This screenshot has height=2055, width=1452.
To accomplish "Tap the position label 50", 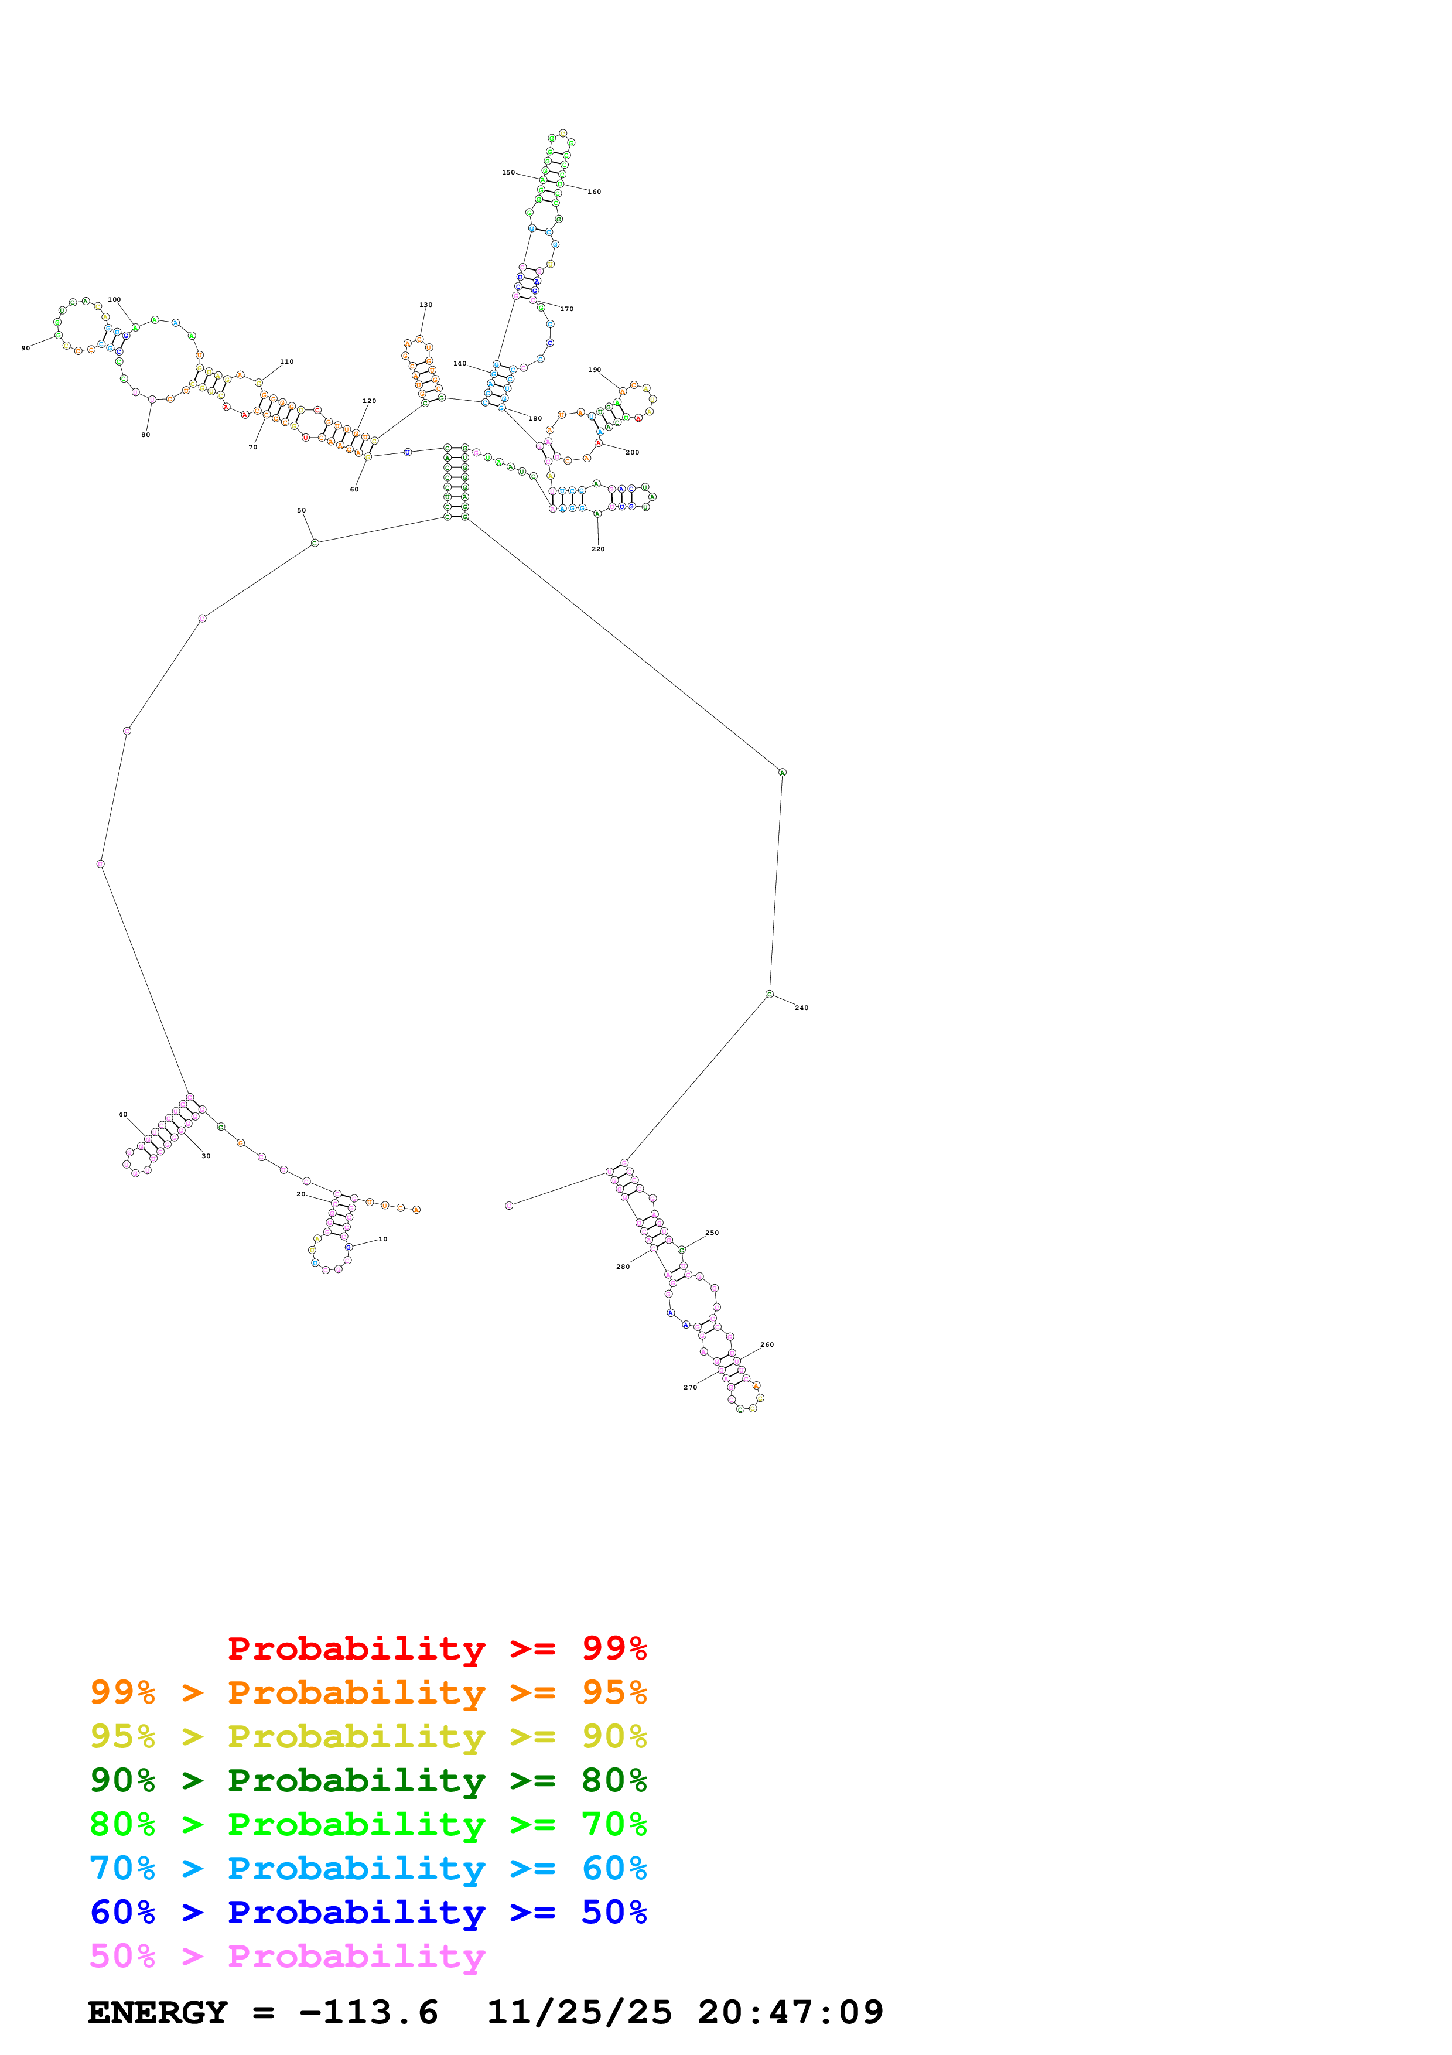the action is (x=302, y=510).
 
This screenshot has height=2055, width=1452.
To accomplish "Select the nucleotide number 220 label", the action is (x=597, y=549).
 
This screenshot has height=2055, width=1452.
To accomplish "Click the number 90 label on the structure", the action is (x=25, y=348).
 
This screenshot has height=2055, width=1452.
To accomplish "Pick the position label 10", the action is (x=383, y=1239).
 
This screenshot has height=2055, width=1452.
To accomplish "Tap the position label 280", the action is (x=623, y=1267).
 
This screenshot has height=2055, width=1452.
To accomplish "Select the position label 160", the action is (x=594, y=192).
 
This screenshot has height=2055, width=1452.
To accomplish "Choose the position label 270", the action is (x=690, y=1387).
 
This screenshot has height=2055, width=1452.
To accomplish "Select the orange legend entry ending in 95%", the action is (x=368, y=1692).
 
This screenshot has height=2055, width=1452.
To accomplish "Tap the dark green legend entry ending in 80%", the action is (x=368, y=1780).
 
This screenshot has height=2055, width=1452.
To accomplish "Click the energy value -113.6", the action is (x=368, y=2012).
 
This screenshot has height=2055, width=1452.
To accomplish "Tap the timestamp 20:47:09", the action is (x=790, y=2012).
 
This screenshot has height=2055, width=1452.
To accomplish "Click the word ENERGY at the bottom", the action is (x=158, y=2012).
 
